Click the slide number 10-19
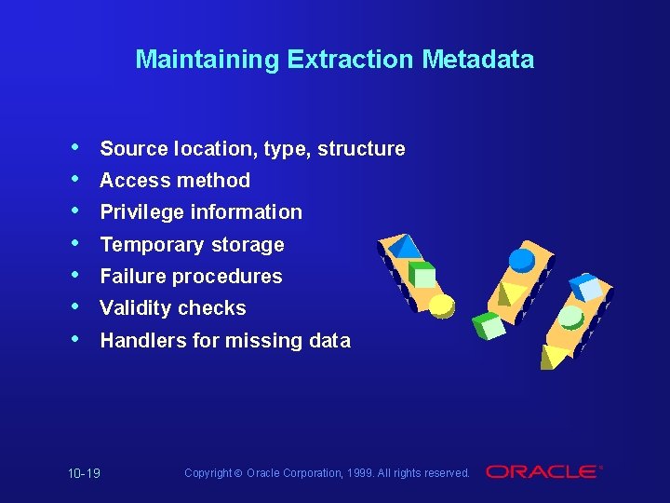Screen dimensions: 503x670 (x=84, y=473)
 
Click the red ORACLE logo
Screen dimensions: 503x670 (x=543, y=472)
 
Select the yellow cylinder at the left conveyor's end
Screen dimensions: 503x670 (x=441, y=305)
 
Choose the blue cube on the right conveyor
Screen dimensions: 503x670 (x=586, y=285)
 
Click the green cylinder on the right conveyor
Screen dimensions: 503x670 (x=570, y=317)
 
